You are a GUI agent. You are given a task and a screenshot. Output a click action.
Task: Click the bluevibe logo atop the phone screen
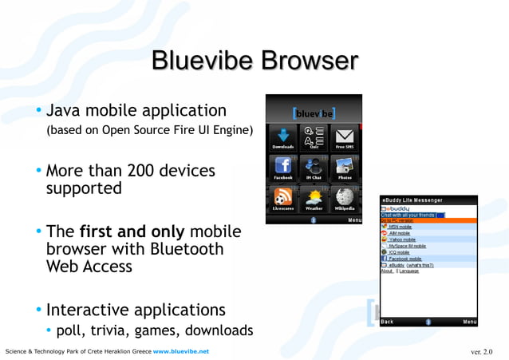314,113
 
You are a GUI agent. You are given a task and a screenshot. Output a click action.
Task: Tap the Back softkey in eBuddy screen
387,322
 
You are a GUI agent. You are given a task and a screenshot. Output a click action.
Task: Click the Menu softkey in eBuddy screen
470,322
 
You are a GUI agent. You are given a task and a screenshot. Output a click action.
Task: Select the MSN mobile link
401,227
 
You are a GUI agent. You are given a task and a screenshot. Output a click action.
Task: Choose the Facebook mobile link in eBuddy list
404,259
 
